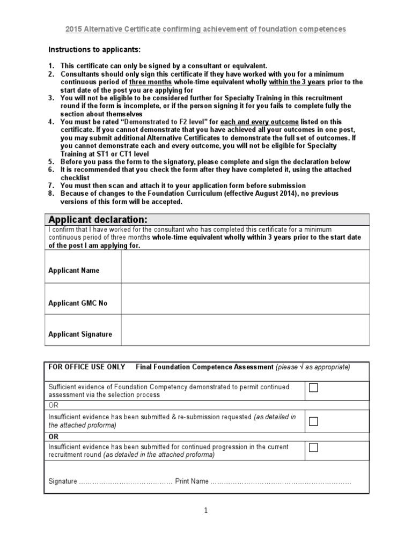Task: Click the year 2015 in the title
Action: [x=74, y=29]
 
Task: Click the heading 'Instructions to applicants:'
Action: [x=94, y=50]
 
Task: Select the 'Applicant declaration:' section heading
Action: [x=98, y=220]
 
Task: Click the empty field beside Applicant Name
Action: [x=245, y=266]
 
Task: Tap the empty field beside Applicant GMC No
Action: [x=245, y=299]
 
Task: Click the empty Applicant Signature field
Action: [x=245, y=330]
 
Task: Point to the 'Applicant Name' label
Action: [x=74, y=271]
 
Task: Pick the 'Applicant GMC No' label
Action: [x=78, y=303]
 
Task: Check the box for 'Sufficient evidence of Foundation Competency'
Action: [x=314, y=388]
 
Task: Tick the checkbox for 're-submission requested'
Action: [x=314, y=421]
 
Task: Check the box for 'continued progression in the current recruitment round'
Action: [x=314, y=447]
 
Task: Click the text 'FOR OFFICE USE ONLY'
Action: [x=87, y=367]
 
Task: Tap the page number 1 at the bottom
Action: [x=206, y=511]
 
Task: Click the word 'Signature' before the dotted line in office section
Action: [x=63, y=481]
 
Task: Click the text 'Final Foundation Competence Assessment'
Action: [x=204, y=367]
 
